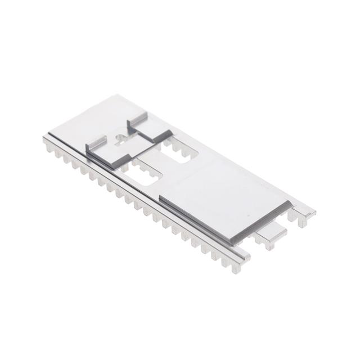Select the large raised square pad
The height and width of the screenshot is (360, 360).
pos(225,194)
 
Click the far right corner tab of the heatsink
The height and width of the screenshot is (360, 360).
pos(304,212)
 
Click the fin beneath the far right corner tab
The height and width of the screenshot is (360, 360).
pos(301,221)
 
